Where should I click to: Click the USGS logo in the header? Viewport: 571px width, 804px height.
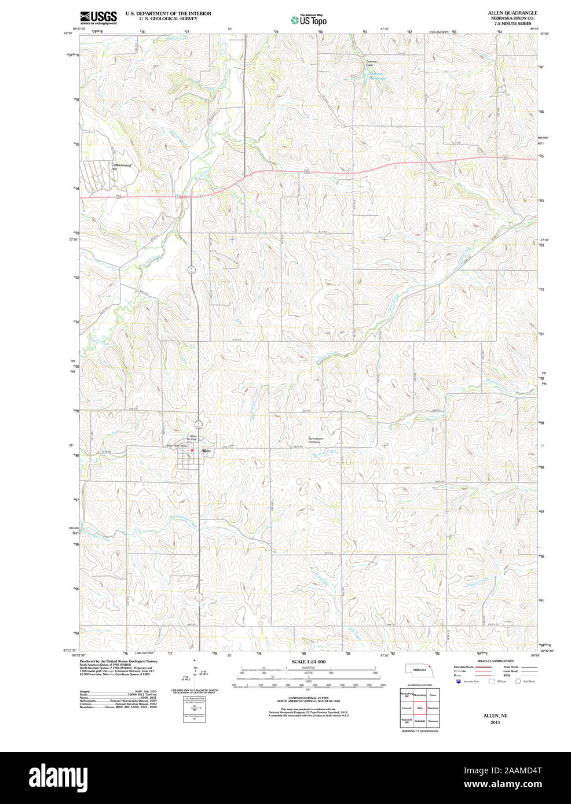point(98,17)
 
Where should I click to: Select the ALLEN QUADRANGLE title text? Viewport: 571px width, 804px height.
point(512,13)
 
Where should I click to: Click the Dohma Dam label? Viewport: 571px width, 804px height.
point(371,63)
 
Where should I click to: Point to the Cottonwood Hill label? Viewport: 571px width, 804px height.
point(122,167)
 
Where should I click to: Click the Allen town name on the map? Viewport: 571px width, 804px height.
point(206,451)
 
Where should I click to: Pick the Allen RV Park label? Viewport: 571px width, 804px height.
point(193,437)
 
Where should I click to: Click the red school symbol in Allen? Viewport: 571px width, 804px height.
point(192,450)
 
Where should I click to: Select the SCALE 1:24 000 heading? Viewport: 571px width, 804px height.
point(308,661)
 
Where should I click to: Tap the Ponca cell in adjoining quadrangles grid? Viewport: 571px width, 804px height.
point(433,694)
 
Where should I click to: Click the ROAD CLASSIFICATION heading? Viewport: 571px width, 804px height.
point(495,661)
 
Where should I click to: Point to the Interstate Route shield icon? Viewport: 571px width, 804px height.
point(459,681)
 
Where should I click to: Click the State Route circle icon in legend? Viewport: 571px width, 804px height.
point(518,681)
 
